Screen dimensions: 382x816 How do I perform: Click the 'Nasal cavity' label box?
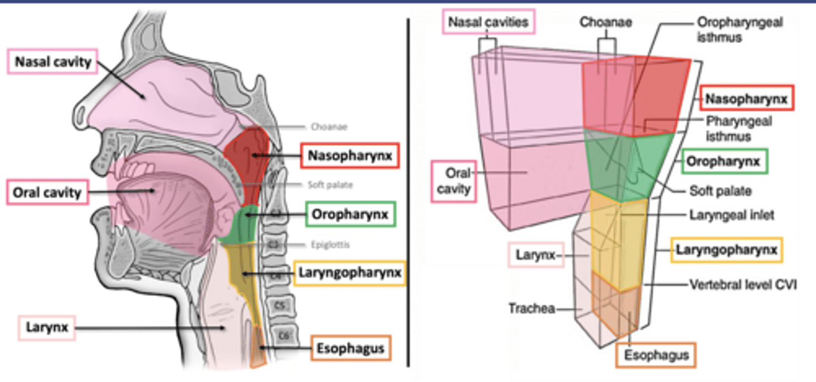click(x=53, y=62)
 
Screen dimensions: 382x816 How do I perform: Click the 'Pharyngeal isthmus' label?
click(x=739, y=128)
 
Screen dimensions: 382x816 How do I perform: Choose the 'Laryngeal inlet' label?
click(x=732, y=215)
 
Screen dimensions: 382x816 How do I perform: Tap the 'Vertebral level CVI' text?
click(x=743, y=284)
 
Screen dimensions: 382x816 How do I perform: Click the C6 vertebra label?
click(x=284, y=336)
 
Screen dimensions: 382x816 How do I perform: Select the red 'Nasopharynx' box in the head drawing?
click(x=350, y=155)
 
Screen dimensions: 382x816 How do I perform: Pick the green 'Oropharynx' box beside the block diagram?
click(x=725, y=162)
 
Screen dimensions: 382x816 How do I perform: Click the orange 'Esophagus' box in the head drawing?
click(x=351, y=347)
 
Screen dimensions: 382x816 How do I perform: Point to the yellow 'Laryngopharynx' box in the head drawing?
click(x=350, y=273)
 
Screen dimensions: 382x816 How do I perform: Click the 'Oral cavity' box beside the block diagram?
click(x=453, y=180)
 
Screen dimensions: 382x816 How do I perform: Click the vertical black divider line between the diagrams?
click(x=409, y=193)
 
